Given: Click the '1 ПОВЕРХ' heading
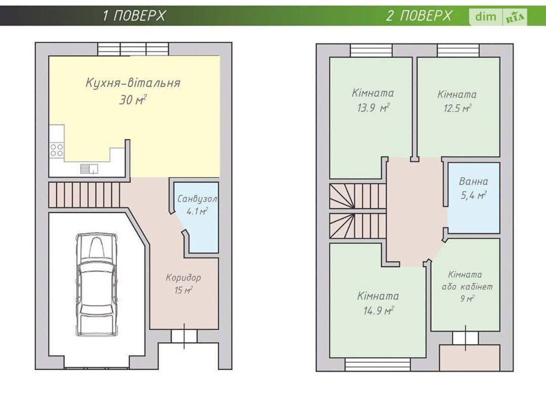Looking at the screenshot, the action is pyautogui.click(x=134, y=16).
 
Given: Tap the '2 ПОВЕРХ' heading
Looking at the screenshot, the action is pyautogui.click(x=419, y=16).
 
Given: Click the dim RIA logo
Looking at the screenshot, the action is pyautogui.click(x=498, y=17).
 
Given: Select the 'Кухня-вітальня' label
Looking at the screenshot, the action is pyautogui.click(x=133, y=83).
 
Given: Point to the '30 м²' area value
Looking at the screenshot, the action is pyautogui.click(x=132, y=100).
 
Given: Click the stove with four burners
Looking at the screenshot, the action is pyautogui.click(x=57, y=150).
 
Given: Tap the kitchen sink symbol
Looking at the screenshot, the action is pyautogui.click(x=89, y=169).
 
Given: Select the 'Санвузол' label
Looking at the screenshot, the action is pyautogui.click(x=197, y=199).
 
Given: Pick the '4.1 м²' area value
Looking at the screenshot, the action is pyautogui.click(x=197, y=211).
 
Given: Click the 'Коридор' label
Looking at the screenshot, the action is pyautogui.click(x=183, y=277).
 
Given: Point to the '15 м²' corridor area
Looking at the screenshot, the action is pyautogui.click(x=183, y=290).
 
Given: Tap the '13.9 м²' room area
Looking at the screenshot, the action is pyautogui.click(x=373, y=108).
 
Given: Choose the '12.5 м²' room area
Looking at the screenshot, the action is pyautogui.click(x=458, y=108).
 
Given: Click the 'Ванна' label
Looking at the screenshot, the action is pyautogui.click(x=473, y=181).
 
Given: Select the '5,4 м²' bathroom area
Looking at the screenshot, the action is pyautogui.click(x=474, y=195).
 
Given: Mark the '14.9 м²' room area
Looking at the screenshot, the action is pyautogui.click(x=379, y=310).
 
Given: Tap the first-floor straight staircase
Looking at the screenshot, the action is pyautogui.click(x=84, y=195).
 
